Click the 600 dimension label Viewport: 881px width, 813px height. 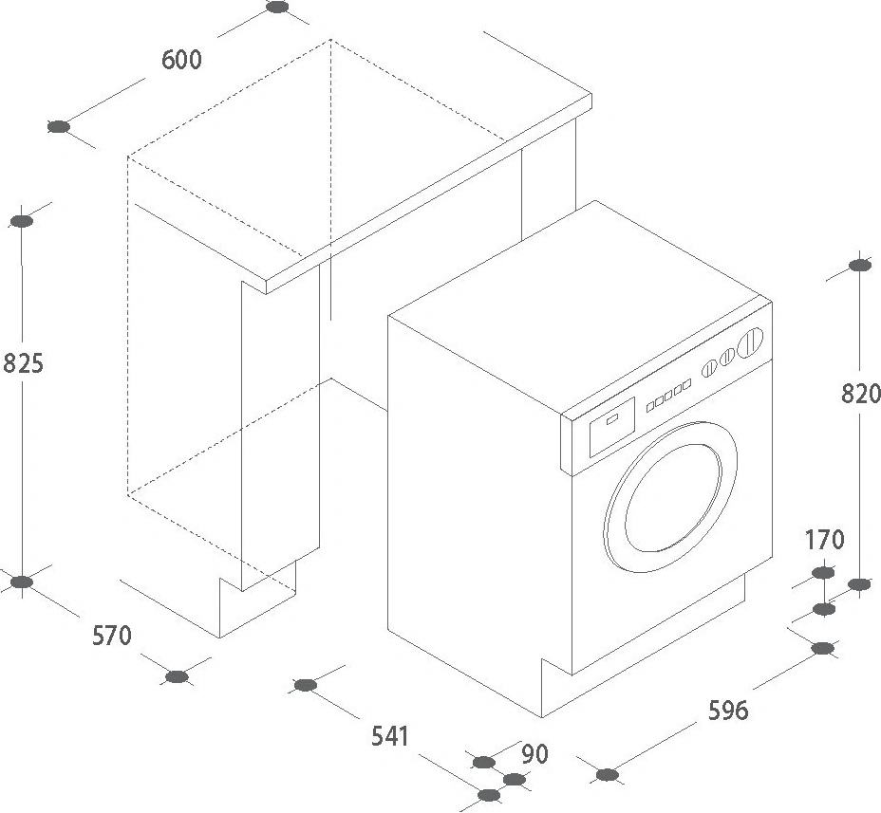tap(181, 60)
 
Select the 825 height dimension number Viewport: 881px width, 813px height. tap(24, 362)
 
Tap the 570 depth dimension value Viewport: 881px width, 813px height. tap(111, 636)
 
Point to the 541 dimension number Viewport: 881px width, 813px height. tap(389, 735)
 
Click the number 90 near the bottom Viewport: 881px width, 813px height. tap(535, 754)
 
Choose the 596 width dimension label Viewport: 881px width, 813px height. tap(728, 710)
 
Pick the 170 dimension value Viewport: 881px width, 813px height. tap(824, 541)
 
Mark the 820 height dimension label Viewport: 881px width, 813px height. tap(861, 393)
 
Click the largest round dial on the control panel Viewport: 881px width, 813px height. tap(751, 342)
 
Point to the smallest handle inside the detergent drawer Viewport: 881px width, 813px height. tap(612, 416)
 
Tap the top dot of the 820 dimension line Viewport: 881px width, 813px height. tap(858, 267)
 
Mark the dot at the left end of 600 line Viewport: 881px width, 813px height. tap(59, 127)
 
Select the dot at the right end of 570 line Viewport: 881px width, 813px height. tap(177, 676)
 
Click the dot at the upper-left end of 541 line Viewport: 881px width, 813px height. tap(306, 685)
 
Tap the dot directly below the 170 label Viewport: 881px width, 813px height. tap(823, 572)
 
